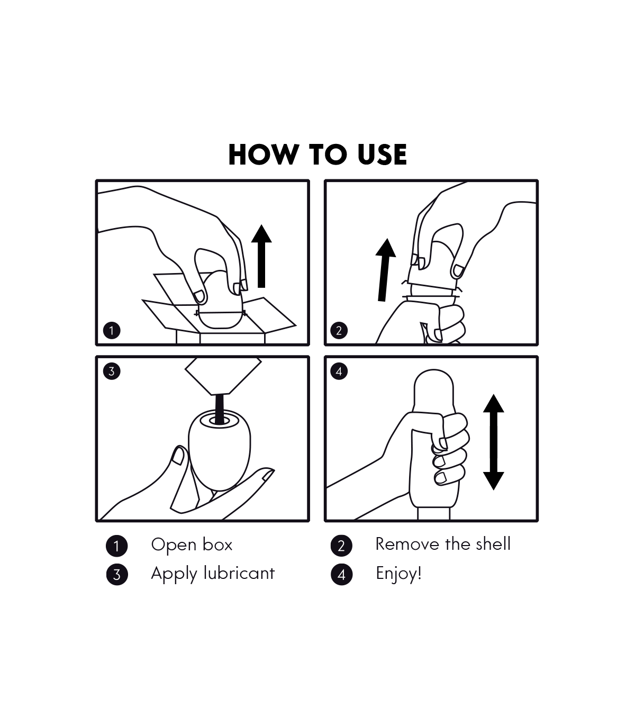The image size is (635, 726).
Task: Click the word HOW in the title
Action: click(x=263, y=155)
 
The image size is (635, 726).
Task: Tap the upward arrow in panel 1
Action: click(x=261, y=256)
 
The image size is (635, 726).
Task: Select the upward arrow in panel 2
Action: click(x=385, y=270)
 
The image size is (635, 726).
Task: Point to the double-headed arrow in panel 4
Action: click(x=494, y=442)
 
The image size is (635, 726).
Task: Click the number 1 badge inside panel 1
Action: click(x=112, y=331)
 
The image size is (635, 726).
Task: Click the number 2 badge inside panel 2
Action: click(x=339, y=331)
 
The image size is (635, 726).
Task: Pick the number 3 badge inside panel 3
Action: click(x=112, y=371)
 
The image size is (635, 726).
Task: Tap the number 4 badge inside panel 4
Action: click(x=339, y=371)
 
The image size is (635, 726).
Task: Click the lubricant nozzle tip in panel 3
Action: click(x=220, y=392)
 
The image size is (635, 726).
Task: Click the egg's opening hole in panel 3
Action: click(x=219, y=421)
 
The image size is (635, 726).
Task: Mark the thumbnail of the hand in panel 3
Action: click(x=178, y=456)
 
